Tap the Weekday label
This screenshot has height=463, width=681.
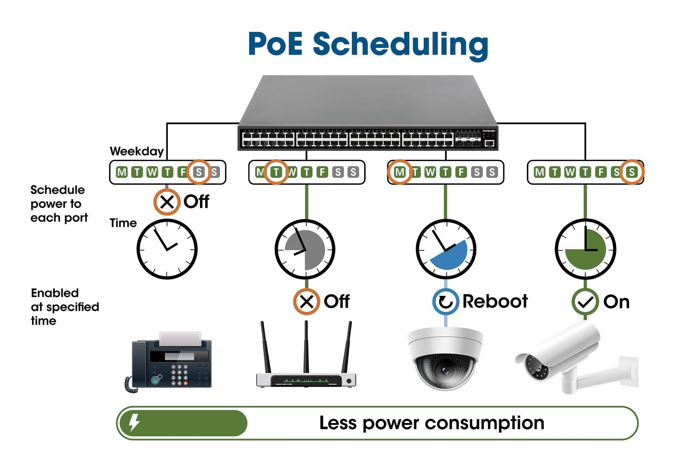click(x=137, y=151)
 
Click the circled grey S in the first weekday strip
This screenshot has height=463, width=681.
click(x=199, y=172)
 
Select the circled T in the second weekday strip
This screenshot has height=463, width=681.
click(x=276, y=172)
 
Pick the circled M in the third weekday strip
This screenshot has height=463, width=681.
click(x=399, y=172)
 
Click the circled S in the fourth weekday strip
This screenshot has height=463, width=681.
click(x=632, y=172)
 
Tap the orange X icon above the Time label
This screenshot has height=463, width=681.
click(x=167, y=202)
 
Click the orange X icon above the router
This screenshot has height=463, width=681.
click(x=306, y=302)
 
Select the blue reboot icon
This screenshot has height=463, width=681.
click(x=446, y=302)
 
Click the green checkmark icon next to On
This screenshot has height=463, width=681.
click(x=585, y=302)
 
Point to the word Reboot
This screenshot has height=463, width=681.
click(x=495, y=302)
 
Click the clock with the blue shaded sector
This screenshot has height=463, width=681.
click(x=446, y=249)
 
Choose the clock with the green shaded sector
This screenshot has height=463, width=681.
click(x=585, y=249)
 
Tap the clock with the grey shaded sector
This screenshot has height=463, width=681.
click(x=305, y=249)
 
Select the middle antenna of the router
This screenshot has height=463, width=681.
click(x=306, y=347)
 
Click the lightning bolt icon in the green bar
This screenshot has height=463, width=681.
click(x=134, y=423)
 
